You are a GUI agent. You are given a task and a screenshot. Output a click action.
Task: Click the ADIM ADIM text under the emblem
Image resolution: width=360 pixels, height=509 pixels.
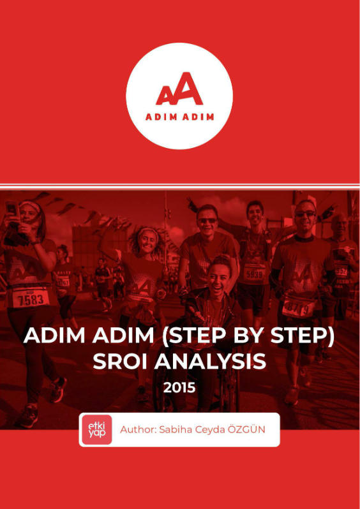click(179, 117)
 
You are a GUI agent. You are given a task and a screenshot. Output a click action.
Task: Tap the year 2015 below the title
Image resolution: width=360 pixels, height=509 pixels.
click(179, 387)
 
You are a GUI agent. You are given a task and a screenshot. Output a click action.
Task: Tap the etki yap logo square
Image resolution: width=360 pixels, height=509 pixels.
click(96, 429)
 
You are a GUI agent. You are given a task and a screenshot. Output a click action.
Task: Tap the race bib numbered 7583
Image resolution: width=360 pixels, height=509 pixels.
click(31, 299)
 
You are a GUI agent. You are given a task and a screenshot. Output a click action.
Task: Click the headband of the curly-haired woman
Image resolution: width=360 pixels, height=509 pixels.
click(147, 231)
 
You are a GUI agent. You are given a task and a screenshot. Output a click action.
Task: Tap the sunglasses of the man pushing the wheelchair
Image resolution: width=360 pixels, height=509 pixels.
click(207, 220)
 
